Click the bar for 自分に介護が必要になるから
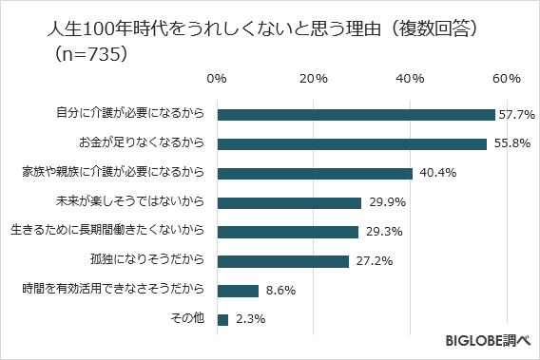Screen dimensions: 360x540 [x=357, y=114]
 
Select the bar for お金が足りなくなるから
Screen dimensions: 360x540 [x=352, y=143]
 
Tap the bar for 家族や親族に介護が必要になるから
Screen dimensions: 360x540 [x=315, y=173]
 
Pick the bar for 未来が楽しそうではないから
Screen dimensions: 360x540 [x=290, y=202]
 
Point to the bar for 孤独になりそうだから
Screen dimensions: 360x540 [x=283, y=261]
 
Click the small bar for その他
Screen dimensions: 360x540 [x=223, y=320]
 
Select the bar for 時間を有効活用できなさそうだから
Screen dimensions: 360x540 [x=239, y=291]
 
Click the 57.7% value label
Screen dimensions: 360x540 [x=517, y=115]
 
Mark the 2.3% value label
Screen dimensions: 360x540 [x=248, y=321]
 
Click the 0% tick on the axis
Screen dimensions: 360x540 [x=218, y=77]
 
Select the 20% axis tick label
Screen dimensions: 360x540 [x=314, y=77]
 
